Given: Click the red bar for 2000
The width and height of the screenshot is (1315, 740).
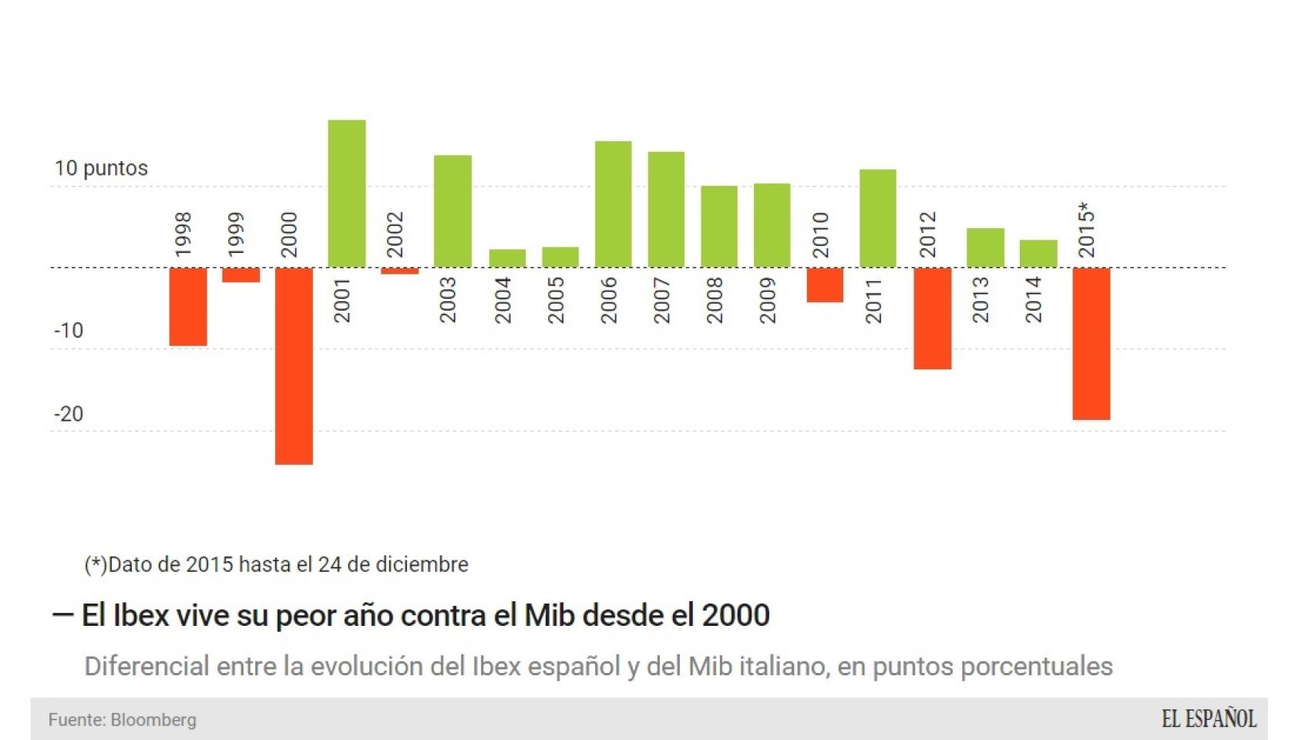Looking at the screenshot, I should pos(294,365).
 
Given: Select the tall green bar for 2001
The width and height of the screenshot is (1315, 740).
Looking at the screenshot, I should pos(347,193).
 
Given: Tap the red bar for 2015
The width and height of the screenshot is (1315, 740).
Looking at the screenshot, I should pos(1091,343).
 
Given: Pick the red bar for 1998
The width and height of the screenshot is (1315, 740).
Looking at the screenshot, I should pos(188,306).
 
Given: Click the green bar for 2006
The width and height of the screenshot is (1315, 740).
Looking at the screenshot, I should pos(613,204).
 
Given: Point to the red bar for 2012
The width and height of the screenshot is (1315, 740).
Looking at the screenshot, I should pos(933,318).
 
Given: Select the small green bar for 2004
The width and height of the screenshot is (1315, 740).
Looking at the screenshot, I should pos(507,258).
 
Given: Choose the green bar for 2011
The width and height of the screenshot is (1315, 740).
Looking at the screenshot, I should pos(878,218).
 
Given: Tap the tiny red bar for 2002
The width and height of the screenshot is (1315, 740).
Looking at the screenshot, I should pos(399,271).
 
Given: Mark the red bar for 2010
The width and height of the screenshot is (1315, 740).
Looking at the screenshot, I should pos(825,284).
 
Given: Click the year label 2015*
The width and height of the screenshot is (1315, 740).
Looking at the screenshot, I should pos(1086,230).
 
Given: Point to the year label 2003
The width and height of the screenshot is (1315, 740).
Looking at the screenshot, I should pos(447,300).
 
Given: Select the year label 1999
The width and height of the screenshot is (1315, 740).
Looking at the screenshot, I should pos(236,234).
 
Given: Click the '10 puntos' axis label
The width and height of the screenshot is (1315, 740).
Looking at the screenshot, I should pos(101,168).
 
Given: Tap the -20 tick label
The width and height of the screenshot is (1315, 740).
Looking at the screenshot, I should pos(69,414).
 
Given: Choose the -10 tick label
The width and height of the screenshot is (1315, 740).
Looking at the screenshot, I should pos(69,331).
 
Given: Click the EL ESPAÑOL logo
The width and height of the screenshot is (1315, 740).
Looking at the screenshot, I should pos(1209,719).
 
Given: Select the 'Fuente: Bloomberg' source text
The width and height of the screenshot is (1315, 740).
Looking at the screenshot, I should pos(123,720).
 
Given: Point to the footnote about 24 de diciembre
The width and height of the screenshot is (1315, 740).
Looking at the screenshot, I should pos(277,564).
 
